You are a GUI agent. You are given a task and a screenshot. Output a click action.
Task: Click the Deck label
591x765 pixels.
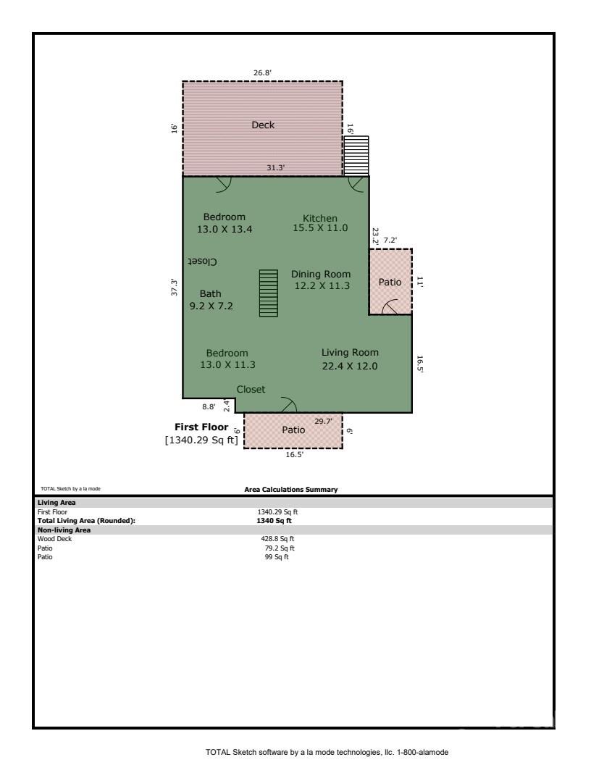click(x=263, y=125)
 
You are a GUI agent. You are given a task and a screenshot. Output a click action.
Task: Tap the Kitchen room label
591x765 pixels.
click(x=320, y=218)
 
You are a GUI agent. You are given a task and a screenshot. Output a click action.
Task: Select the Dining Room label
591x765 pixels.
click(x=321, y=274)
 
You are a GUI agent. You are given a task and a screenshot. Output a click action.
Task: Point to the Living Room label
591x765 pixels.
click(x=350, y=353)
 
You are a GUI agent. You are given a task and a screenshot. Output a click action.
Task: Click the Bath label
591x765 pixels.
click(x=210, y=293)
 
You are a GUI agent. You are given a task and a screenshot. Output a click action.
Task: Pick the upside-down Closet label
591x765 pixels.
click(x=202, y=262)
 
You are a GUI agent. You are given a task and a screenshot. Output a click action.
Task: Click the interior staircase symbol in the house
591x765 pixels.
click(x=268, y=293)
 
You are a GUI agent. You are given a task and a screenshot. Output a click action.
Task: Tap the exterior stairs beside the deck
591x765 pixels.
click(x=356, y=156)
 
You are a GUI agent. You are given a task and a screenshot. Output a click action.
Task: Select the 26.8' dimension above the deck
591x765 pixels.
click(x=262, y=72)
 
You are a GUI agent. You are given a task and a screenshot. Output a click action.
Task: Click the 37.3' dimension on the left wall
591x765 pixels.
click(x=174, y=287)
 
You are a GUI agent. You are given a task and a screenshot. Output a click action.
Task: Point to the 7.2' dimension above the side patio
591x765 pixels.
click(x=390, y=240)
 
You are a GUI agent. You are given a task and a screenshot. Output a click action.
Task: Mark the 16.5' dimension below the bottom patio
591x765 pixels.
click(x=295, y=454)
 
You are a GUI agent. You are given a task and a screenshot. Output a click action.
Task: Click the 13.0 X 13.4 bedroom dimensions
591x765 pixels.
click(x=225, y=230)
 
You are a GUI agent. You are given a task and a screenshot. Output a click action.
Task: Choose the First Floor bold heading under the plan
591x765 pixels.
click(x=201, y=427)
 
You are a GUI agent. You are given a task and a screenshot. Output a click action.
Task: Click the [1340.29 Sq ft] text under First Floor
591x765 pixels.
click(x=201, y=440)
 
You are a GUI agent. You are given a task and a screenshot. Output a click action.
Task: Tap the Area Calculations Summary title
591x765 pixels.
click(x=291, y=489)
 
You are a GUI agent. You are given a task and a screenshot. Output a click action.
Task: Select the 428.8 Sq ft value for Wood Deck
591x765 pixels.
click(x=277, y=539)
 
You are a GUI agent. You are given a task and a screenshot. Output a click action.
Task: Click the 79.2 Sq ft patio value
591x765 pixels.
click(x=280, y=548)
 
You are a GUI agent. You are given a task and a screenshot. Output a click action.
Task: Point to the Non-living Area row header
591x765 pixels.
click(x=64, y=530)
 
